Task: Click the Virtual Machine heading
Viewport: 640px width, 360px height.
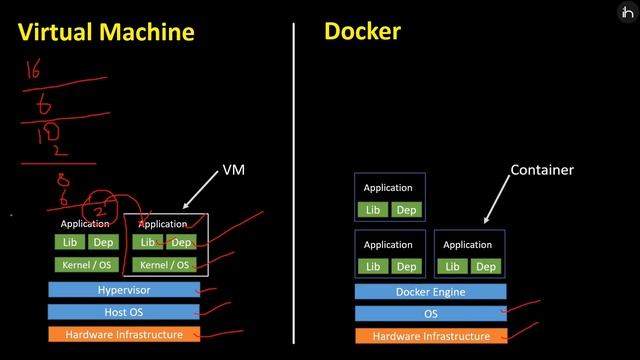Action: click(x=107, y=32)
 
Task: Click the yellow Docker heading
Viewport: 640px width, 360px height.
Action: click(x=362, y=31)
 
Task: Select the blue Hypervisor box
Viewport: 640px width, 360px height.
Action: click(x=123, y=290)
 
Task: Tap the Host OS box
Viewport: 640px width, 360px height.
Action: click(x=123, y=312)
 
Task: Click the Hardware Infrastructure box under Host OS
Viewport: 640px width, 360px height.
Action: click(x=123, y=334)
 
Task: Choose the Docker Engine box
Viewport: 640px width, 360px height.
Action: click(x=430, y=292)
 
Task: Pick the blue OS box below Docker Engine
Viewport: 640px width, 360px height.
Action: click(x=430, y=314)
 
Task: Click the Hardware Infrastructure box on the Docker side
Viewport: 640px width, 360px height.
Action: click(x=430, y=336)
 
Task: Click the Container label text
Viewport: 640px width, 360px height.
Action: click(x=542, y=170)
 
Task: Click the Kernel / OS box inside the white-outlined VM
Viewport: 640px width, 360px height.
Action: click(x=166, y=265)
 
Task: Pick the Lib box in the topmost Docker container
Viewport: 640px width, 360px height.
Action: click(x=372, y=210)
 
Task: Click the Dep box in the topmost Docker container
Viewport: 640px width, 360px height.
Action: click(x=405, y=210)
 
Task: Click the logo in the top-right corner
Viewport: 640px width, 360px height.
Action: click(x=627, y=11)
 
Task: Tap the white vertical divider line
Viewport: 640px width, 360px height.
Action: click(x=294, y=180)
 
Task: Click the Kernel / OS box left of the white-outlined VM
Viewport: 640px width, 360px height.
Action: click(x=84, y=265)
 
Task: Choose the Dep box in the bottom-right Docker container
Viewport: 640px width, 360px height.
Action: click(x=485, y=266)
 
